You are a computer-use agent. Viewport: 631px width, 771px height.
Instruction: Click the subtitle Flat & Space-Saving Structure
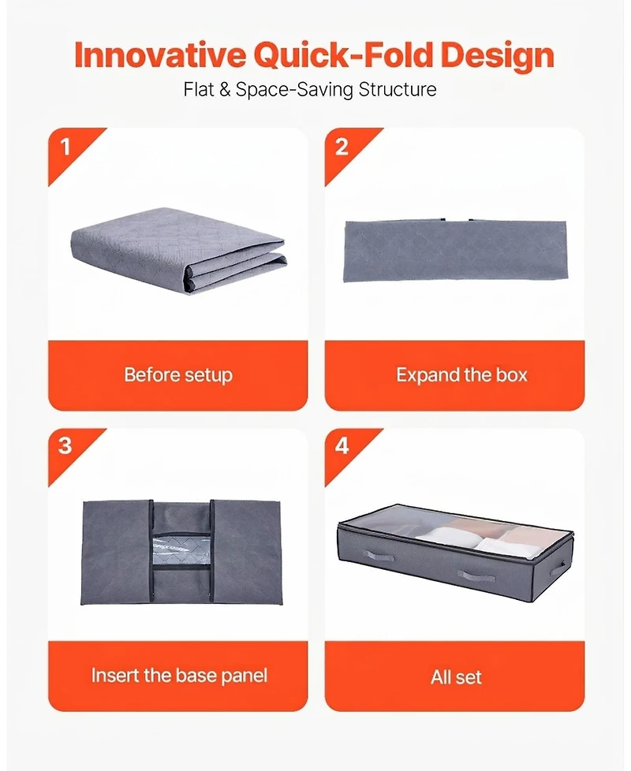[310, 89]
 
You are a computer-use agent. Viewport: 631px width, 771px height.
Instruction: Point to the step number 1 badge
[65, 147]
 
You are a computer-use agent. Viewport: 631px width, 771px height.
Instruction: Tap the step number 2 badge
[342, 147]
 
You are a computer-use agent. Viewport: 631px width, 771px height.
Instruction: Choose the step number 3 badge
[65, 446]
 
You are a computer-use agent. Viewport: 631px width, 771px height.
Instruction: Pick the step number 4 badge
[342, 446]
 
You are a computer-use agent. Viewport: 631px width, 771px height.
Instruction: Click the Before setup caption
[178, 374]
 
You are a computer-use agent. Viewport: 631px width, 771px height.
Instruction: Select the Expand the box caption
[461, 374]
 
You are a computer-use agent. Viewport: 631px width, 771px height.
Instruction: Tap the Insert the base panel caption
[179, 676]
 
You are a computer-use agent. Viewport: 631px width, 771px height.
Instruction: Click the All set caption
[456, 677]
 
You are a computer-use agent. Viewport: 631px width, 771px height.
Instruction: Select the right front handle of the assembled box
[476, 576]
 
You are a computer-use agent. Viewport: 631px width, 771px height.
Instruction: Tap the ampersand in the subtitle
[224, 89]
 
